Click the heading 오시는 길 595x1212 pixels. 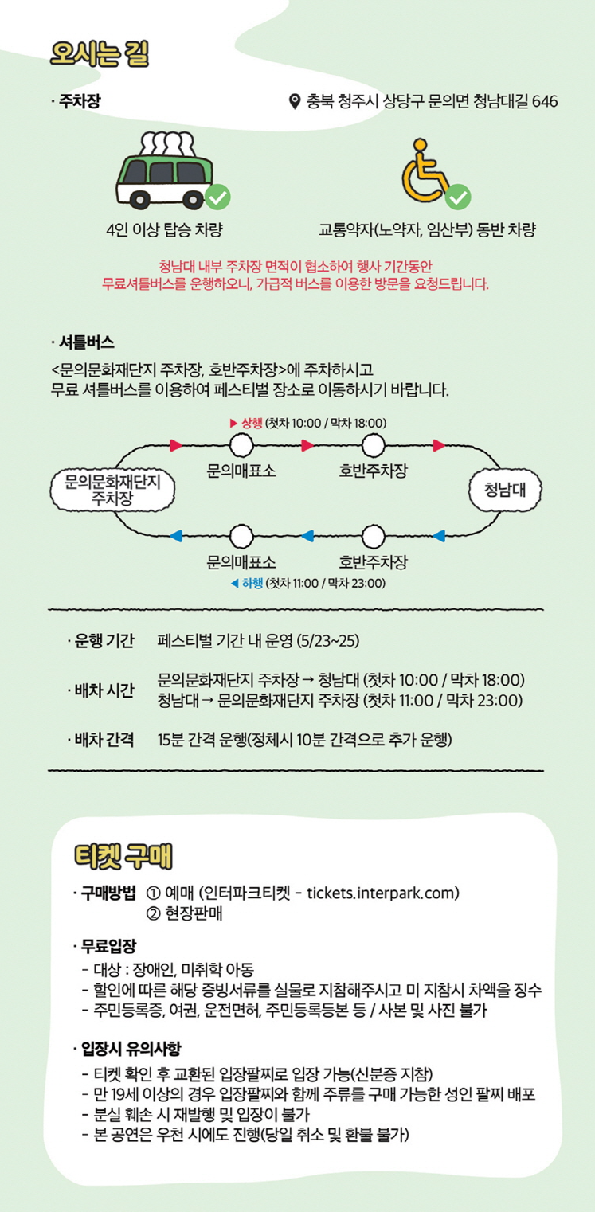pos(99,53)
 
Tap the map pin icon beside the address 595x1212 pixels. pos(294,101)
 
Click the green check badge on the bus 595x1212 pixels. pos(217,195)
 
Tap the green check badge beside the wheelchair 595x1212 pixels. pos(458,195)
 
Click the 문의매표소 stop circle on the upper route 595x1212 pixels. pos(241,445)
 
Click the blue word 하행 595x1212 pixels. pos(252,584)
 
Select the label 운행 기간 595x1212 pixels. pos(104,641)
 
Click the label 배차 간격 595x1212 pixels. pos(104,740)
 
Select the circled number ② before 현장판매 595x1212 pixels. pos(153,913)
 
